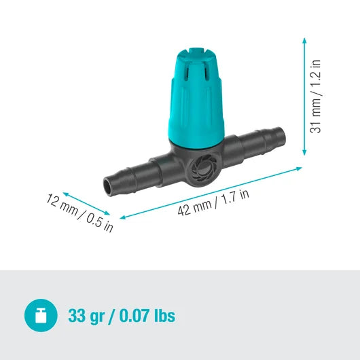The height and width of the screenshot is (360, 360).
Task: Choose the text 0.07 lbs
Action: (x=149, y=316)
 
